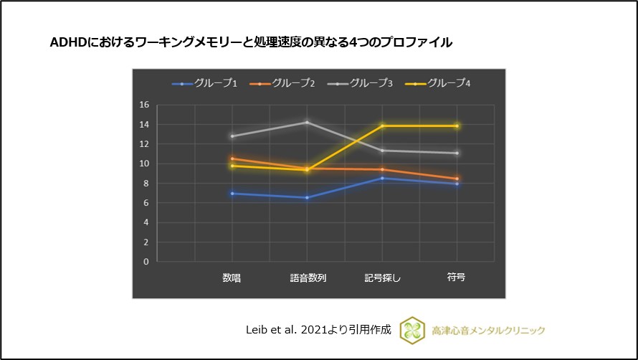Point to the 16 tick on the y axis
pos(144,105)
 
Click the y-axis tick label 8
pos(146,184)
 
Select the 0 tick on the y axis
pos(146,262)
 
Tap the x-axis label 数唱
pos(232,278)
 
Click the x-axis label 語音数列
pos(308,278)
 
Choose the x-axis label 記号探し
pos(382,278)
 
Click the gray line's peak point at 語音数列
pos(308,122)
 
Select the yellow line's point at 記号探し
pos(382,126)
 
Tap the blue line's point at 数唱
pos(232,194)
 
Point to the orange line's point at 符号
pos(457,179)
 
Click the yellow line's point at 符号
pos(457,126)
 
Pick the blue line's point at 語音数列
pos(308,198)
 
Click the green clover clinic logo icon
pos(412,330)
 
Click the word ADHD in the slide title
pos(66,42)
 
